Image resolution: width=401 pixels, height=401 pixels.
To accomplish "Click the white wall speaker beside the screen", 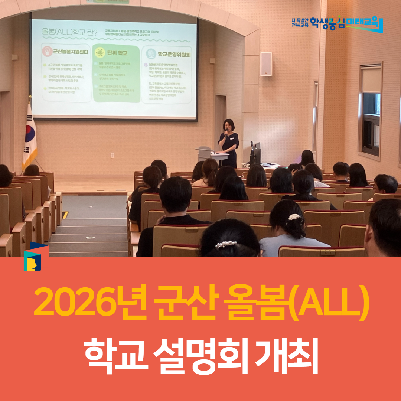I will pos(266,64).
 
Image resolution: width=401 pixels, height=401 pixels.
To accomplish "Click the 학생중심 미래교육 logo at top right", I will pos(337,24).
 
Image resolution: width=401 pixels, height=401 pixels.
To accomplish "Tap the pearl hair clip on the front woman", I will pos(226,244).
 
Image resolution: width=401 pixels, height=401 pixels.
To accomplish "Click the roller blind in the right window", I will pos(371,79).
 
